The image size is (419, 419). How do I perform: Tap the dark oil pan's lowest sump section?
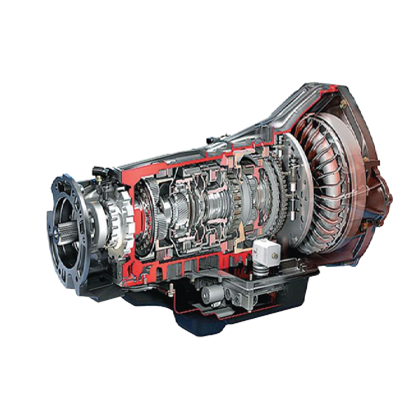[x=201, y=327]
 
